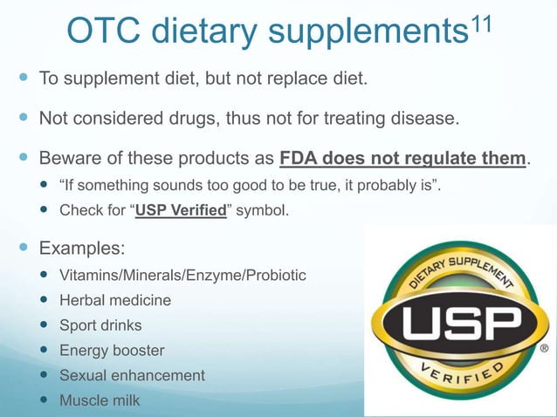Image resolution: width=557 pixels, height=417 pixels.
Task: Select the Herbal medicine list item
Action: point(115,300)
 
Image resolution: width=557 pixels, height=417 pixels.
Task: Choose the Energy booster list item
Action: point(112,351)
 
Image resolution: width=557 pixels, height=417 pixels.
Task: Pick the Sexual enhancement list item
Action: point(132,375)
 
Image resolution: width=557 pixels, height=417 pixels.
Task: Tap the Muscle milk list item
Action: point(99,400)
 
